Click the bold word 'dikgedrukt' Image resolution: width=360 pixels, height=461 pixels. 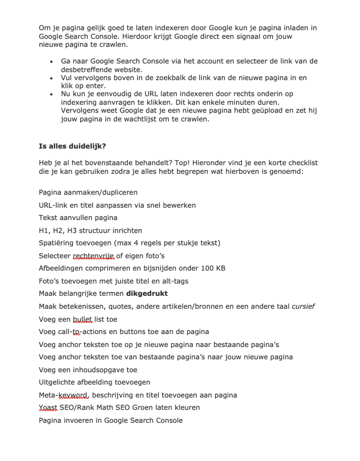147,294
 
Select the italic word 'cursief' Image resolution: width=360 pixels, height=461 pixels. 303,307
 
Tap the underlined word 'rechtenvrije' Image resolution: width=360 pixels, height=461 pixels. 94,256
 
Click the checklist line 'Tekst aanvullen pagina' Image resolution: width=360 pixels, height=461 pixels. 78,218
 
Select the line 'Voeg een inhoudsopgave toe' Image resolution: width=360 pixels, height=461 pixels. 88,370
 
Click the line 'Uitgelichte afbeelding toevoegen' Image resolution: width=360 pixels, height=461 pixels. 94,382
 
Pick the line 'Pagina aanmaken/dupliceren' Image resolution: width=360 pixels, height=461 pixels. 88,193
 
